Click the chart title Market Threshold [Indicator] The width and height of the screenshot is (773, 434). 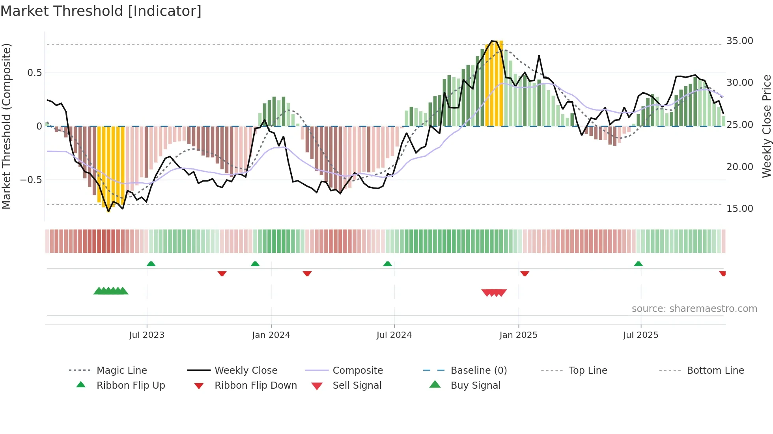[x=101, y=11]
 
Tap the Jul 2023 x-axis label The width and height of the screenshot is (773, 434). [x=147, y=335]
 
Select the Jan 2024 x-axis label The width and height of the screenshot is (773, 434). [x=271, y=335]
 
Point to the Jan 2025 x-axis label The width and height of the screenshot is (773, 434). [x=518, y=335]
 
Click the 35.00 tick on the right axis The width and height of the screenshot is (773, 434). [x=739, y=41]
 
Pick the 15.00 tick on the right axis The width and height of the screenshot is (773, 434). [x=739, y=209]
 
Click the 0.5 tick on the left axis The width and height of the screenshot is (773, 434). [x=34, y=73]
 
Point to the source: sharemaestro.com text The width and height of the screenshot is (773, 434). [x=694, y=309]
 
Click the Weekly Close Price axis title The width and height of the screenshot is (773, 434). [x=766, y=126]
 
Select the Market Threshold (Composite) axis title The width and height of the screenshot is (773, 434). [x=6, y=126]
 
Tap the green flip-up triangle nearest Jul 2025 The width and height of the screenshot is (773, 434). [x=638, y=264]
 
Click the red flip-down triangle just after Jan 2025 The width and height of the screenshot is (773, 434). [x=525, y=273]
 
